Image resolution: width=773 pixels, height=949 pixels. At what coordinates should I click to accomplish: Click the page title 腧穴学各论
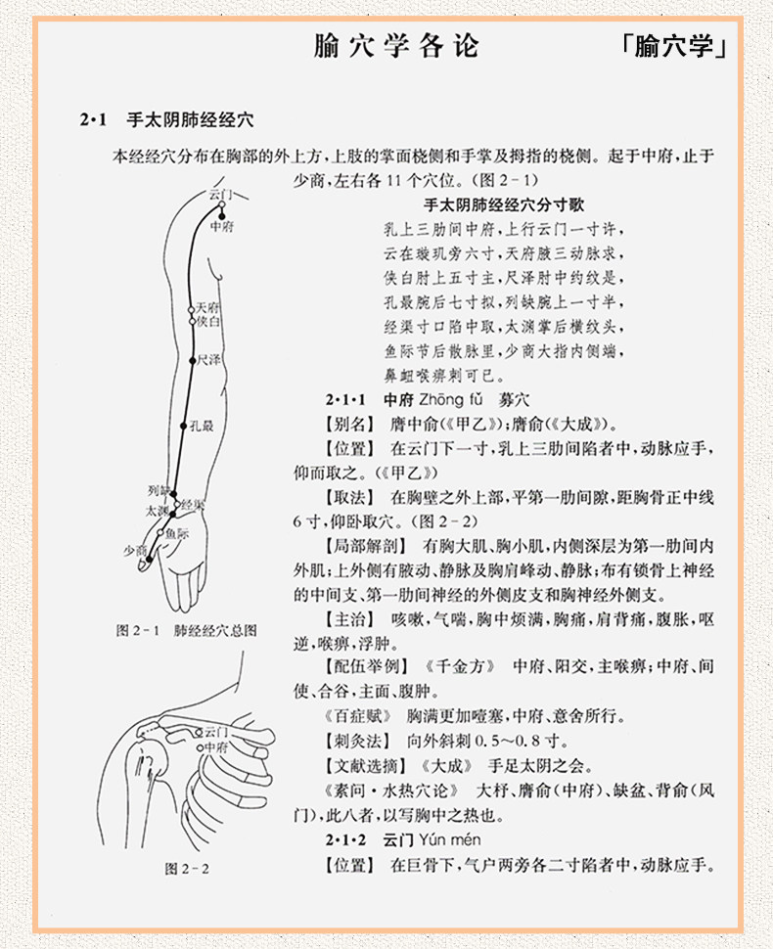(x=396, y=46)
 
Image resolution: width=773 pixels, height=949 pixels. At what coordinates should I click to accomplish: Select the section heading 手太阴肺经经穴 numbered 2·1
(x=190, y=119)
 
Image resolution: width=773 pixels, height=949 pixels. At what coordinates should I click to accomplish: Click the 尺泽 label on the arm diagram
(x=208, y=359)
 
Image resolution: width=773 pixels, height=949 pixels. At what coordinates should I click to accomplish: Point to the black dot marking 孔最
(x=183, y=427)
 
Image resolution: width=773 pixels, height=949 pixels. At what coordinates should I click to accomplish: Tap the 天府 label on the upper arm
(x=207, y=308)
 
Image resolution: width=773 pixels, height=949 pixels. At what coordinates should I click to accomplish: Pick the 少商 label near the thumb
(x=135, y=550)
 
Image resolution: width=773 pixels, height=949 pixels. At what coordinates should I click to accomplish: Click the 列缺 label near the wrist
(x=159, y=490)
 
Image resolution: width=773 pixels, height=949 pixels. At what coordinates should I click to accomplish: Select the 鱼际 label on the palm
(x=177, y=533)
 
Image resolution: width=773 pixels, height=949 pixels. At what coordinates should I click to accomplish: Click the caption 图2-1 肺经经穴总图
(x=187, y=631)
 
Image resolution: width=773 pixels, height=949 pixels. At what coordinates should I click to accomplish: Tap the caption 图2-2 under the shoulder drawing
(x=187, y=869)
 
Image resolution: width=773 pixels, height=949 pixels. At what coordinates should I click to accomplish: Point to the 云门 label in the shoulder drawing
(x=216, y=733)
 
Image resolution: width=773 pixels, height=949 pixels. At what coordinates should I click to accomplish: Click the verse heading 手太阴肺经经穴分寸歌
(x=504, y=204)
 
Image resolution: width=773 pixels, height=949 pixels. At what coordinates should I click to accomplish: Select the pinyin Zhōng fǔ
(x=451, y=399)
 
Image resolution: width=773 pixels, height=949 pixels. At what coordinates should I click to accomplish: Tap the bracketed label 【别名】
(x=350, y=425)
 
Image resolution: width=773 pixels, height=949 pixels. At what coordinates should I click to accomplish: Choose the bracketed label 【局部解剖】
(x=366, y=546)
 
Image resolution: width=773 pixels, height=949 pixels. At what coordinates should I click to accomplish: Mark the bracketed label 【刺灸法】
(x=358, y=741)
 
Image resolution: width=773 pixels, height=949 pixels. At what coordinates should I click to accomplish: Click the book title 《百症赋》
(x=358, y=716)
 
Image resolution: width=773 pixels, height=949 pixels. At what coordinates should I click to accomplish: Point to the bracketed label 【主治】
(x=350, y=619)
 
